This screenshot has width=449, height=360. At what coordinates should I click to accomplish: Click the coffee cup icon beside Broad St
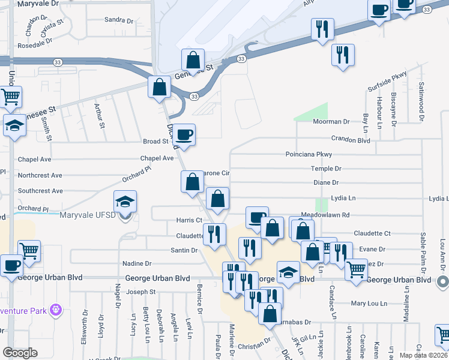coord(185,134)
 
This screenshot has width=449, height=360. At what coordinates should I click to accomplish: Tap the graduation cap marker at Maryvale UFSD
coord(125,202)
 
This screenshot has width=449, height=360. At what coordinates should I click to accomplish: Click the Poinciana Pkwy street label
coord(309,154)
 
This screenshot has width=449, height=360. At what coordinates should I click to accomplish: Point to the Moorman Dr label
coord(331,122)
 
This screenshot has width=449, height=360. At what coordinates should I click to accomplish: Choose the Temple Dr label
coord(326,169)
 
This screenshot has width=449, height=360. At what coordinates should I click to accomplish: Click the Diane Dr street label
coord(326,182)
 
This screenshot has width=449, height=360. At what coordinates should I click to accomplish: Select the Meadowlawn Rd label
coord(325,214)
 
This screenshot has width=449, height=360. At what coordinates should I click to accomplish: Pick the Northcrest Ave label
coord(40,176)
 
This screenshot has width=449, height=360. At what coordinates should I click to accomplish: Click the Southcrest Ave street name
coord(40,191)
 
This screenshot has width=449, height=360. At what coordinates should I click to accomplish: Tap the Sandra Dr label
coord(118,20)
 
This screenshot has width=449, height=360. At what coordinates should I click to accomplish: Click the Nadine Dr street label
coord(137,263)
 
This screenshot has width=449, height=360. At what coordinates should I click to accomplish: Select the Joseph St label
coord(142,292)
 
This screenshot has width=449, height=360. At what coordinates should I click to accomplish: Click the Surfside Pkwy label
coord(387,82)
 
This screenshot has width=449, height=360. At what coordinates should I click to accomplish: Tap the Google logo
coord(20,353)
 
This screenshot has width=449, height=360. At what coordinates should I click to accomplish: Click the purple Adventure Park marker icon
coord(56,310)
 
